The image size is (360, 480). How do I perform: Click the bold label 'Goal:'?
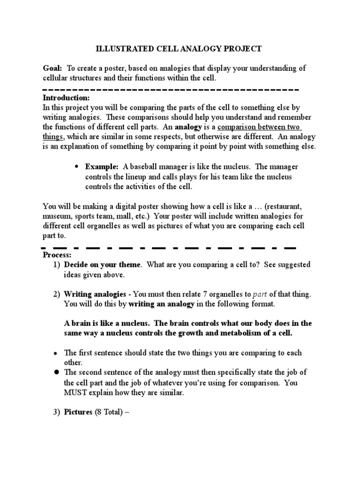52,68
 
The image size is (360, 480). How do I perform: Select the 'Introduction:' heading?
66,98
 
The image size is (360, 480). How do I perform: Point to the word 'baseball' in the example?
143,166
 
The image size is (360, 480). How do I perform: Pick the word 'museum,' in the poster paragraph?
57,216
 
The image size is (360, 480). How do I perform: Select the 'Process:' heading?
57,255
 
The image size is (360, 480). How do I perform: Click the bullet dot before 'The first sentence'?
56,353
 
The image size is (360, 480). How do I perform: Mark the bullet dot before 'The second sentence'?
56,372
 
